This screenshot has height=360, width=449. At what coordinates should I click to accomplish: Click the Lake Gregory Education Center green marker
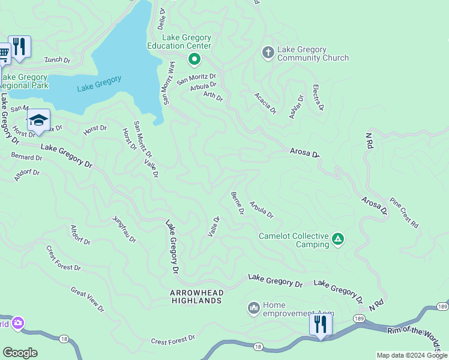tap(194, 59)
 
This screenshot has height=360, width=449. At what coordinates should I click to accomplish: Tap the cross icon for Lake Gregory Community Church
tap(268, 53)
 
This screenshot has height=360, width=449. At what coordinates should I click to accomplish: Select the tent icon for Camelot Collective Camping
tap(338, 239)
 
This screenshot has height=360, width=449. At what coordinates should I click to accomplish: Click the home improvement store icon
tap(253, 308)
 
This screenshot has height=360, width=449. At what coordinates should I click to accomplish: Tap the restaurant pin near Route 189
tap(321, 325)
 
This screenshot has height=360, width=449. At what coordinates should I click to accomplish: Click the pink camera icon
tap(17, 323)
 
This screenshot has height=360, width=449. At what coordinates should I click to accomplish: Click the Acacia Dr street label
tap(265, 103)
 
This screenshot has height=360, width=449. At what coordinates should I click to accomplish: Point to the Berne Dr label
tap(237, 203)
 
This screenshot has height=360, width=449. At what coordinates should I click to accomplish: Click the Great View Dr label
tap(87, 300)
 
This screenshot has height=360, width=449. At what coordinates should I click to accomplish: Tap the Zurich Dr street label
tap(57, 60)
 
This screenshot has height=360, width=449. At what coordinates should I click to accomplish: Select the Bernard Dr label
tap(26, 157)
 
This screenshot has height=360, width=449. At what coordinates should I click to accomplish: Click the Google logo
tap(20, 353)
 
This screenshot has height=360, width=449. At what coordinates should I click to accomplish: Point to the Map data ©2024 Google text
tap(411, 355)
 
